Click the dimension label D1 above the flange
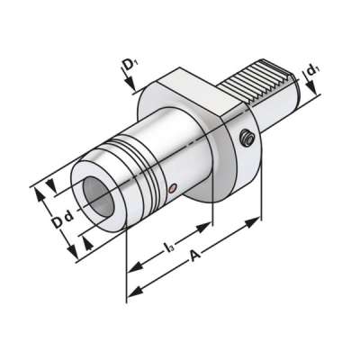130,65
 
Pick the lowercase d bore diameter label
68,219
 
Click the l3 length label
169,246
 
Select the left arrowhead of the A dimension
132,290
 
